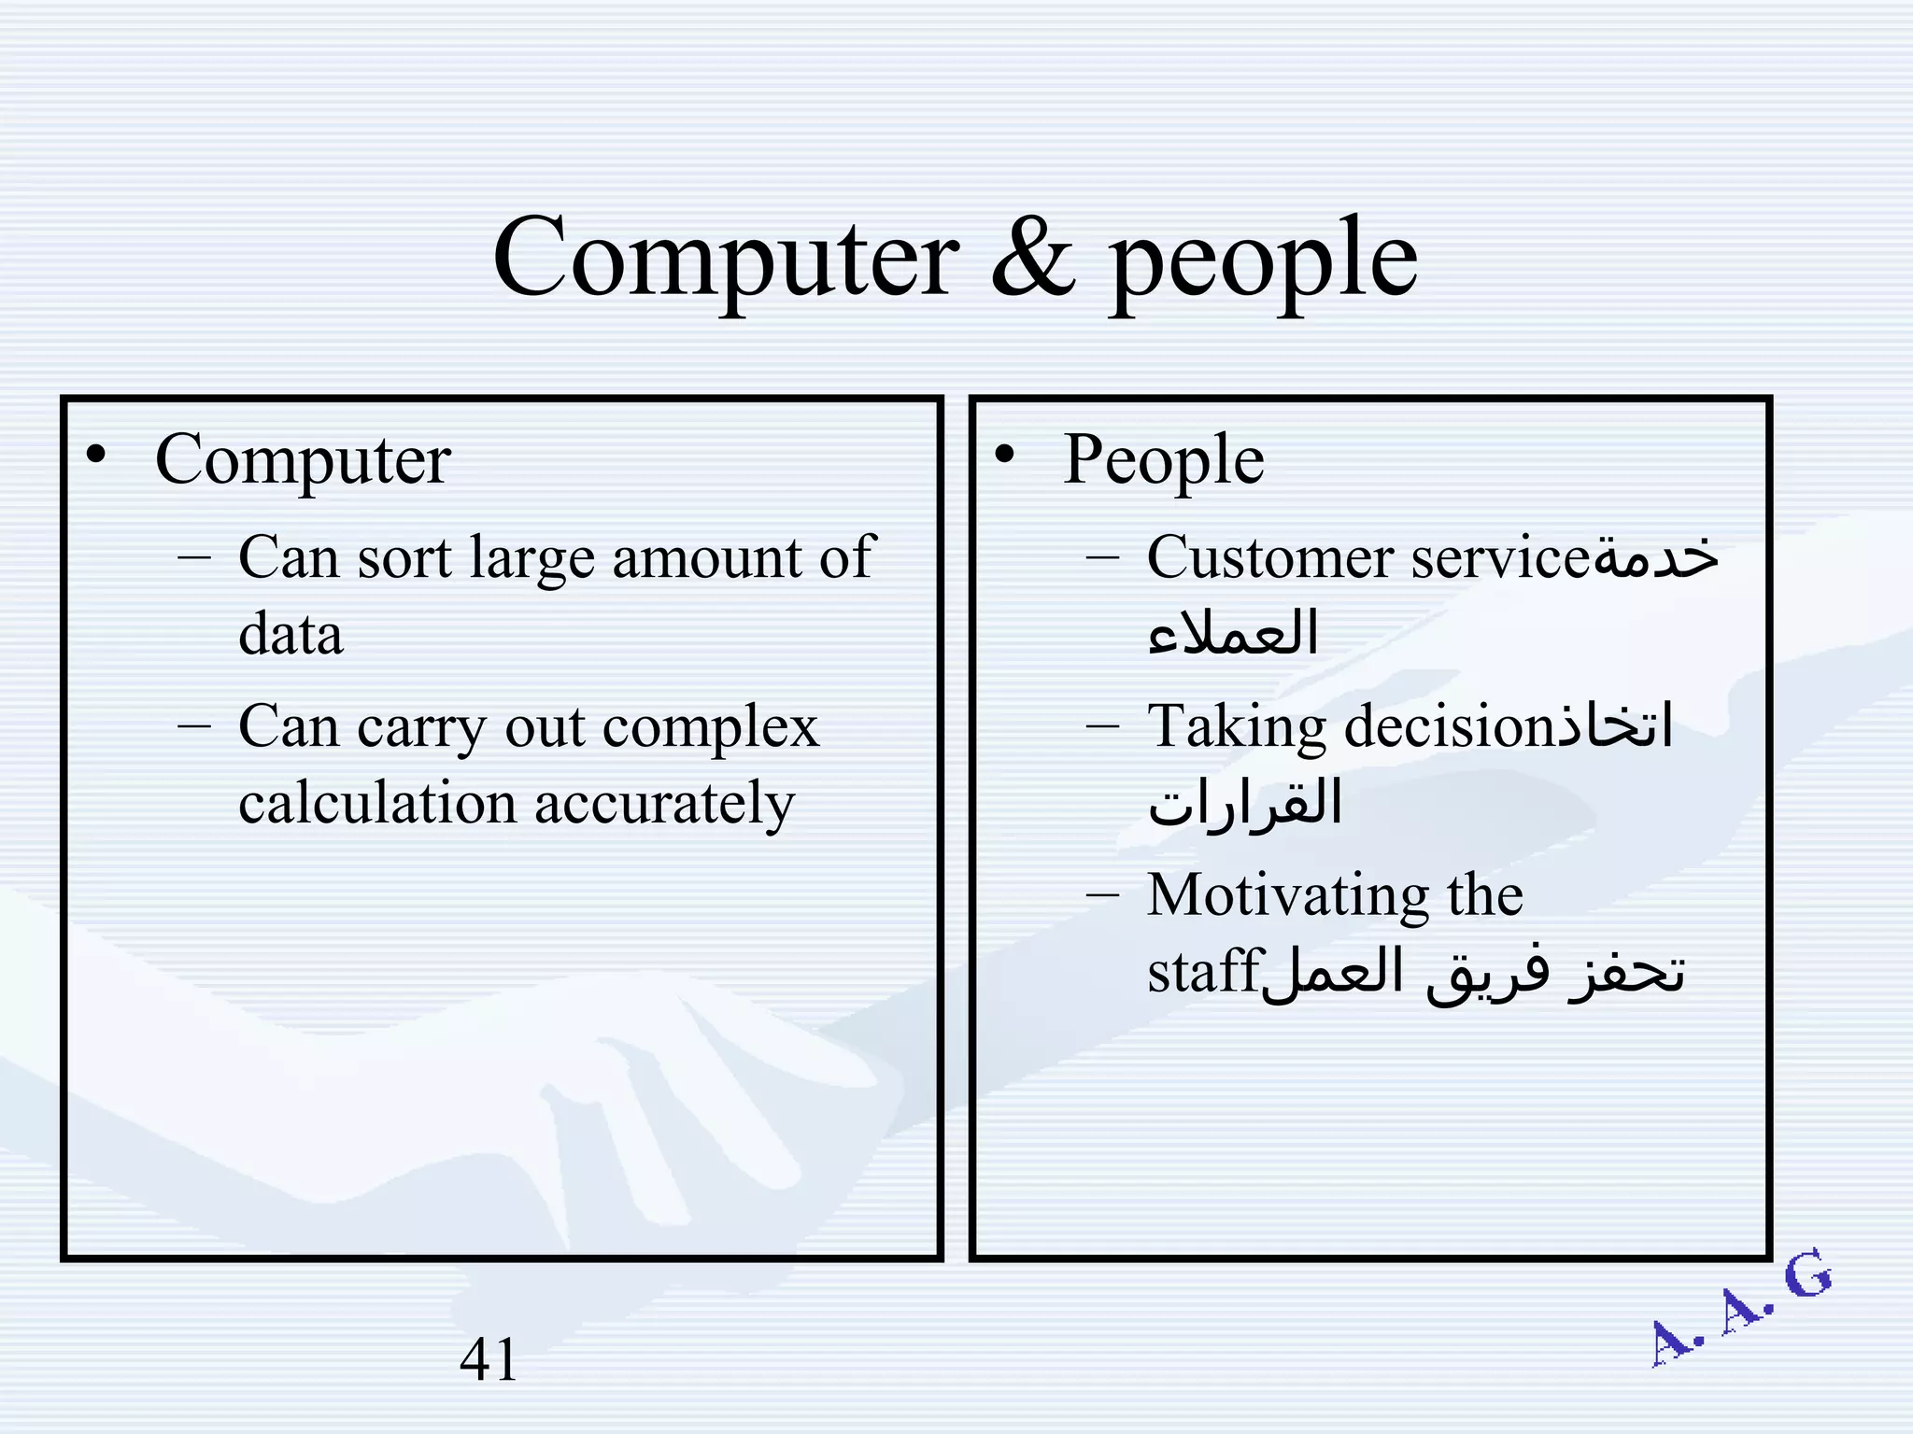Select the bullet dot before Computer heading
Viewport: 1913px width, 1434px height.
[95, 456]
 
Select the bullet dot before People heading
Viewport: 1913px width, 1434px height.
[1004, 456]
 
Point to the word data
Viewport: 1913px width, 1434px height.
[290, 635]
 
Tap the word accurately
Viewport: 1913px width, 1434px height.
[664, 805]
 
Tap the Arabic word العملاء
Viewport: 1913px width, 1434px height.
[1233, 633]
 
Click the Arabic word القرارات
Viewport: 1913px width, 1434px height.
[1244, 803]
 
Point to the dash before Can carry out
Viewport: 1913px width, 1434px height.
[192, 725]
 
